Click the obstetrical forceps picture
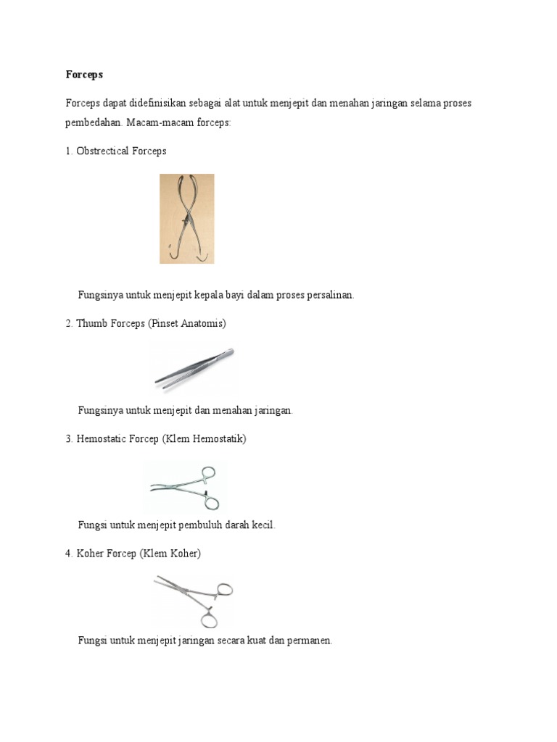coord(186,218)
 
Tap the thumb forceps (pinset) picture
coord(194,368)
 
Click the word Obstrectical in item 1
coord(103,151)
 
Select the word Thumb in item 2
coord(91,323)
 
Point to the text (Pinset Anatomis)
coord(187,323)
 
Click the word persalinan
coord(326,295)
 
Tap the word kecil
coord(264,525)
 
